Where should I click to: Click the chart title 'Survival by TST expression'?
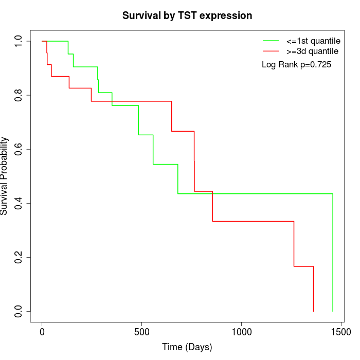(187, 15)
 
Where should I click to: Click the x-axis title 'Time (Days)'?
(187, 347)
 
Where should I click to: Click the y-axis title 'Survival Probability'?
(5, 176)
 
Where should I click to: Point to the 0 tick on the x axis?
(42, 333)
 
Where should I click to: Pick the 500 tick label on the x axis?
(141, 333)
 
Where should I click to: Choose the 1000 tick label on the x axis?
(241, 333)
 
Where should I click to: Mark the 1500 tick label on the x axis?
(340, 333)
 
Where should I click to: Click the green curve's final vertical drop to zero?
(333, 252)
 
